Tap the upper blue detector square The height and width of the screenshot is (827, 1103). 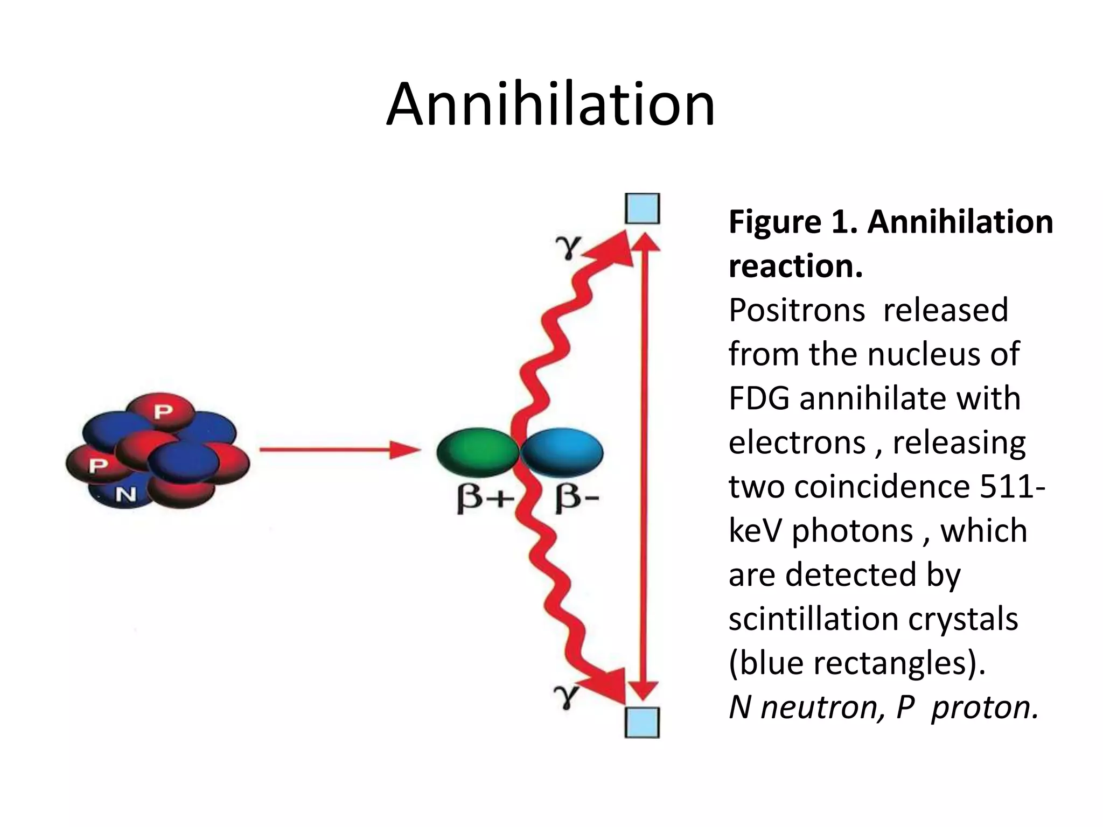[x=643, y=208]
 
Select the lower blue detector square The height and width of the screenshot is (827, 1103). [x=643, y=722]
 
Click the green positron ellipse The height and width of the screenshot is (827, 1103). [x=477, y=452]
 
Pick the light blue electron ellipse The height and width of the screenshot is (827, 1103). [x=562, y=452]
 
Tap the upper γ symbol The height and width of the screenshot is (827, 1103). [x=569, y=247]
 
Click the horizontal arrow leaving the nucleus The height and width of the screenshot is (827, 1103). [x=339, y=450]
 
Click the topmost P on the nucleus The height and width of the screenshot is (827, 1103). [x=163, y=412]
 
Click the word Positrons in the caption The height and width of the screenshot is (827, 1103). [x=797, y=310]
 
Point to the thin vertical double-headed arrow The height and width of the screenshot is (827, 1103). [x=644, y=466]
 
